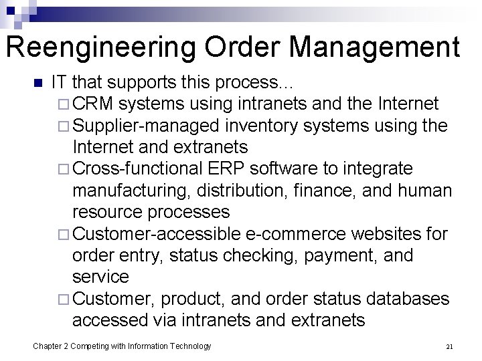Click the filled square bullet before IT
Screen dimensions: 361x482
(37, 84)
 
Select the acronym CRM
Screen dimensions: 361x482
(96, 104)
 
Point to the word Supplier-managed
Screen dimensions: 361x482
(148, 125)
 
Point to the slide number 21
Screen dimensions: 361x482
(449, 346)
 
